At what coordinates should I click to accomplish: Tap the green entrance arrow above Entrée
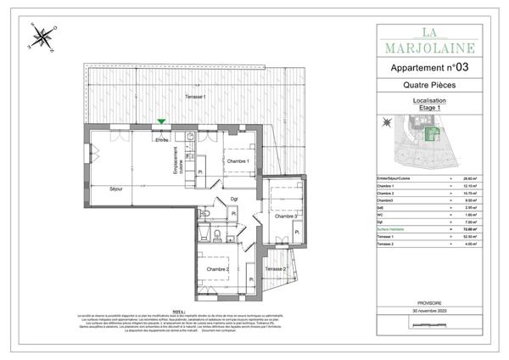click(160, 122)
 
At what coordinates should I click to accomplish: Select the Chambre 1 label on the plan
click(237, 161)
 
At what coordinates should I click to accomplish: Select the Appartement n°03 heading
click(430, 66)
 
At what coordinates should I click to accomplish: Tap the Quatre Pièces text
click(430, 86)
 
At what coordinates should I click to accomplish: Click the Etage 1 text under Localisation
click(430, 108)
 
